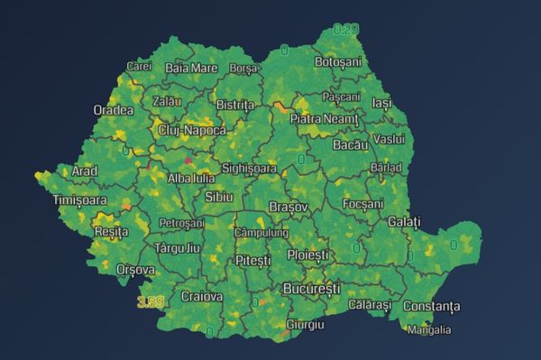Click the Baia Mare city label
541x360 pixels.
point(191,68)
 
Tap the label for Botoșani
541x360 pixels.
point(337,62)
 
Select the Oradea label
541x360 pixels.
point(113,110)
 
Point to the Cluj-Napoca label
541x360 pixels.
point(191,130)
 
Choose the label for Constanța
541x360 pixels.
point(430,307)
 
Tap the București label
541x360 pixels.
point(311,289)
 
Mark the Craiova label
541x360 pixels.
point(201,296)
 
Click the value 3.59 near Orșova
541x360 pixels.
point(150,301)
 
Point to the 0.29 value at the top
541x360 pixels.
point(346,30)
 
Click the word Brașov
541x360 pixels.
point(289,207)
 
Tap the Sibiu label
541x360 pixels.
point(219,197)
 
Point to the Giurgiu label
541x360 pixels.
point(304,324)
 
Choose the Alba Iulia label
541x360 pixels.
point(191,178)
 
